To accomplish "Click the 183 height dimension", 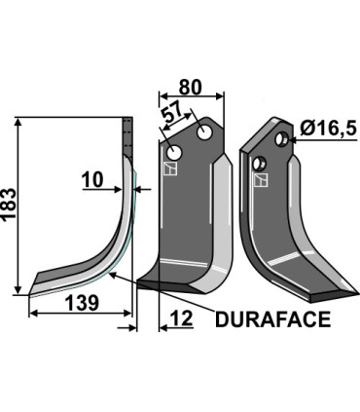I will pos(9,206).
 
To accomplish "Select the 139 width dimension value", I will pos(82,304).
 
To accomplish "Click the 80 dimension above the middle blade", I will pos(191,86).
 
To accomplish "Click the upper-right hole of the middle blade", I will pos(206,131).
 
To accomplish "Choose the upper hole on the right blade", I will pos(280,140).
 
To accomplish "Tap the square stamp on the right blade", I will pos(258,178).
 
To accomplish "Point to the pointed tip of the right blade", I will pos(344,293).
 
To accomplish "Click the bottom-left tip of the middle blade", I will pos(139,285).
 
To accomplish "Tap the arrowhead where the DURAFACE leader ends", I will pos(113,275).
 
